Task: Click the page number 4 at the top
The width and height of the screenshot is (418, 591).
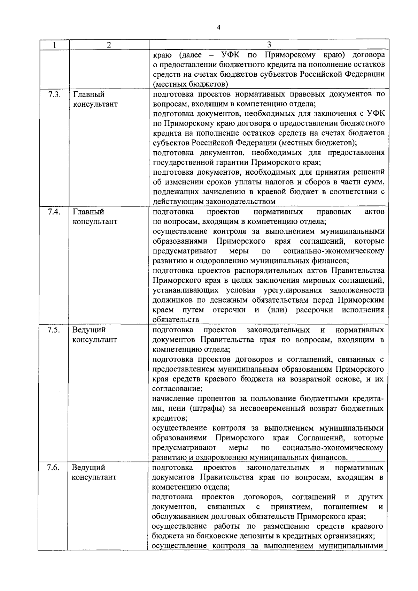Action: (x=218, y=28)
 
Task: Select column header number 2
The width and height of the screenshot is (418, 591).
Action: (x=109, y=45)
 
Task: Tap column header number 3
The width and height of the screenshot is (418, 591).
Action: (x=269, y=45)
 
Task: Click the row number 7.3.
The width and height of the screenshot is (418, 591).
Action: (x=53, y=94)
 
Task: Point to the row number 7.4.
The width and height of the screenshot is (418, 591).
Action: (x=53, y=212)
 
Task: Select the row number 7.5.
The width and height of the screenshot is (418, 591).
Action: (x=53, y=330)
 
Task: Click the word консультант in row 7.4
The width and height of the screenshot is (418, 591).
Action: (x=95, y=222)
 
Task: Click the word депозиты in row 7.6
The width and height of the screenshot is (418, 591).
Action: (x=249, y=536)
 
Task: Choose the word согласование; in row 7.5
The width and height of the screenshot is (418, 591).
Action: (x=177, y=389)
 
